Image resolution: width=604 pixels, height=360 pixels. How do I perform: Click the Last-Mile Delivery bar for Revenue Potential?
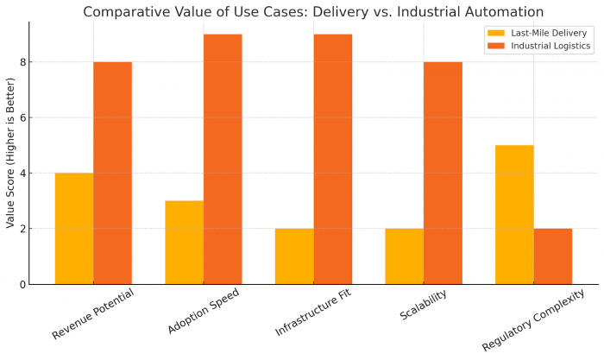74,229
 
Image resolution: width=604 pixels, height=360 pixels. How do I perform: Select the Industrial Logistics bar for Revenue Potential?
112,173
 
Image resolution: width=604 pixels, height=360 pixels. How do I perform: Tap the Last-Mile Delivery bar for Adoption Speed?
184,243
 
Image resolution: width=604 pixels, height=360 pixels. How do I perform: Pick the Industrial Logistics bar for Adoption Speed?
223,159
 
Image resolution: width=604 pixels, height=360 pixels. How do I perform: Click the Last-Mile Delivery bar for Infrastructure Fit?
294,256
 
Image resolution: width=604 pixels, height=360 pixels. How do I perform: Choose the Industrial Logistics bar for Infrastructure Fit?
333,159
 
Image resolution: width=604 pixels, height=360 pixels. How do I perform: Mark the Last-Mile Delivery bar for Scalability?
405,256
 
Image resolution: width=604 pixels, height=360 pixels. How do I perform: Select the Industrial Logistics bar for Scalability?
443,173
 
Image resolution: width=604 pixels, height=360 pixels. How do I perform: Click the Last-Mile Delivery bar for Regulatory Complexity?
514,215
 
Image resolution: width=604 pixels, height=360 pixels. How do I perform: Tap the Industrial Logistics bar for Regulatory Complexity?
553,256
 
